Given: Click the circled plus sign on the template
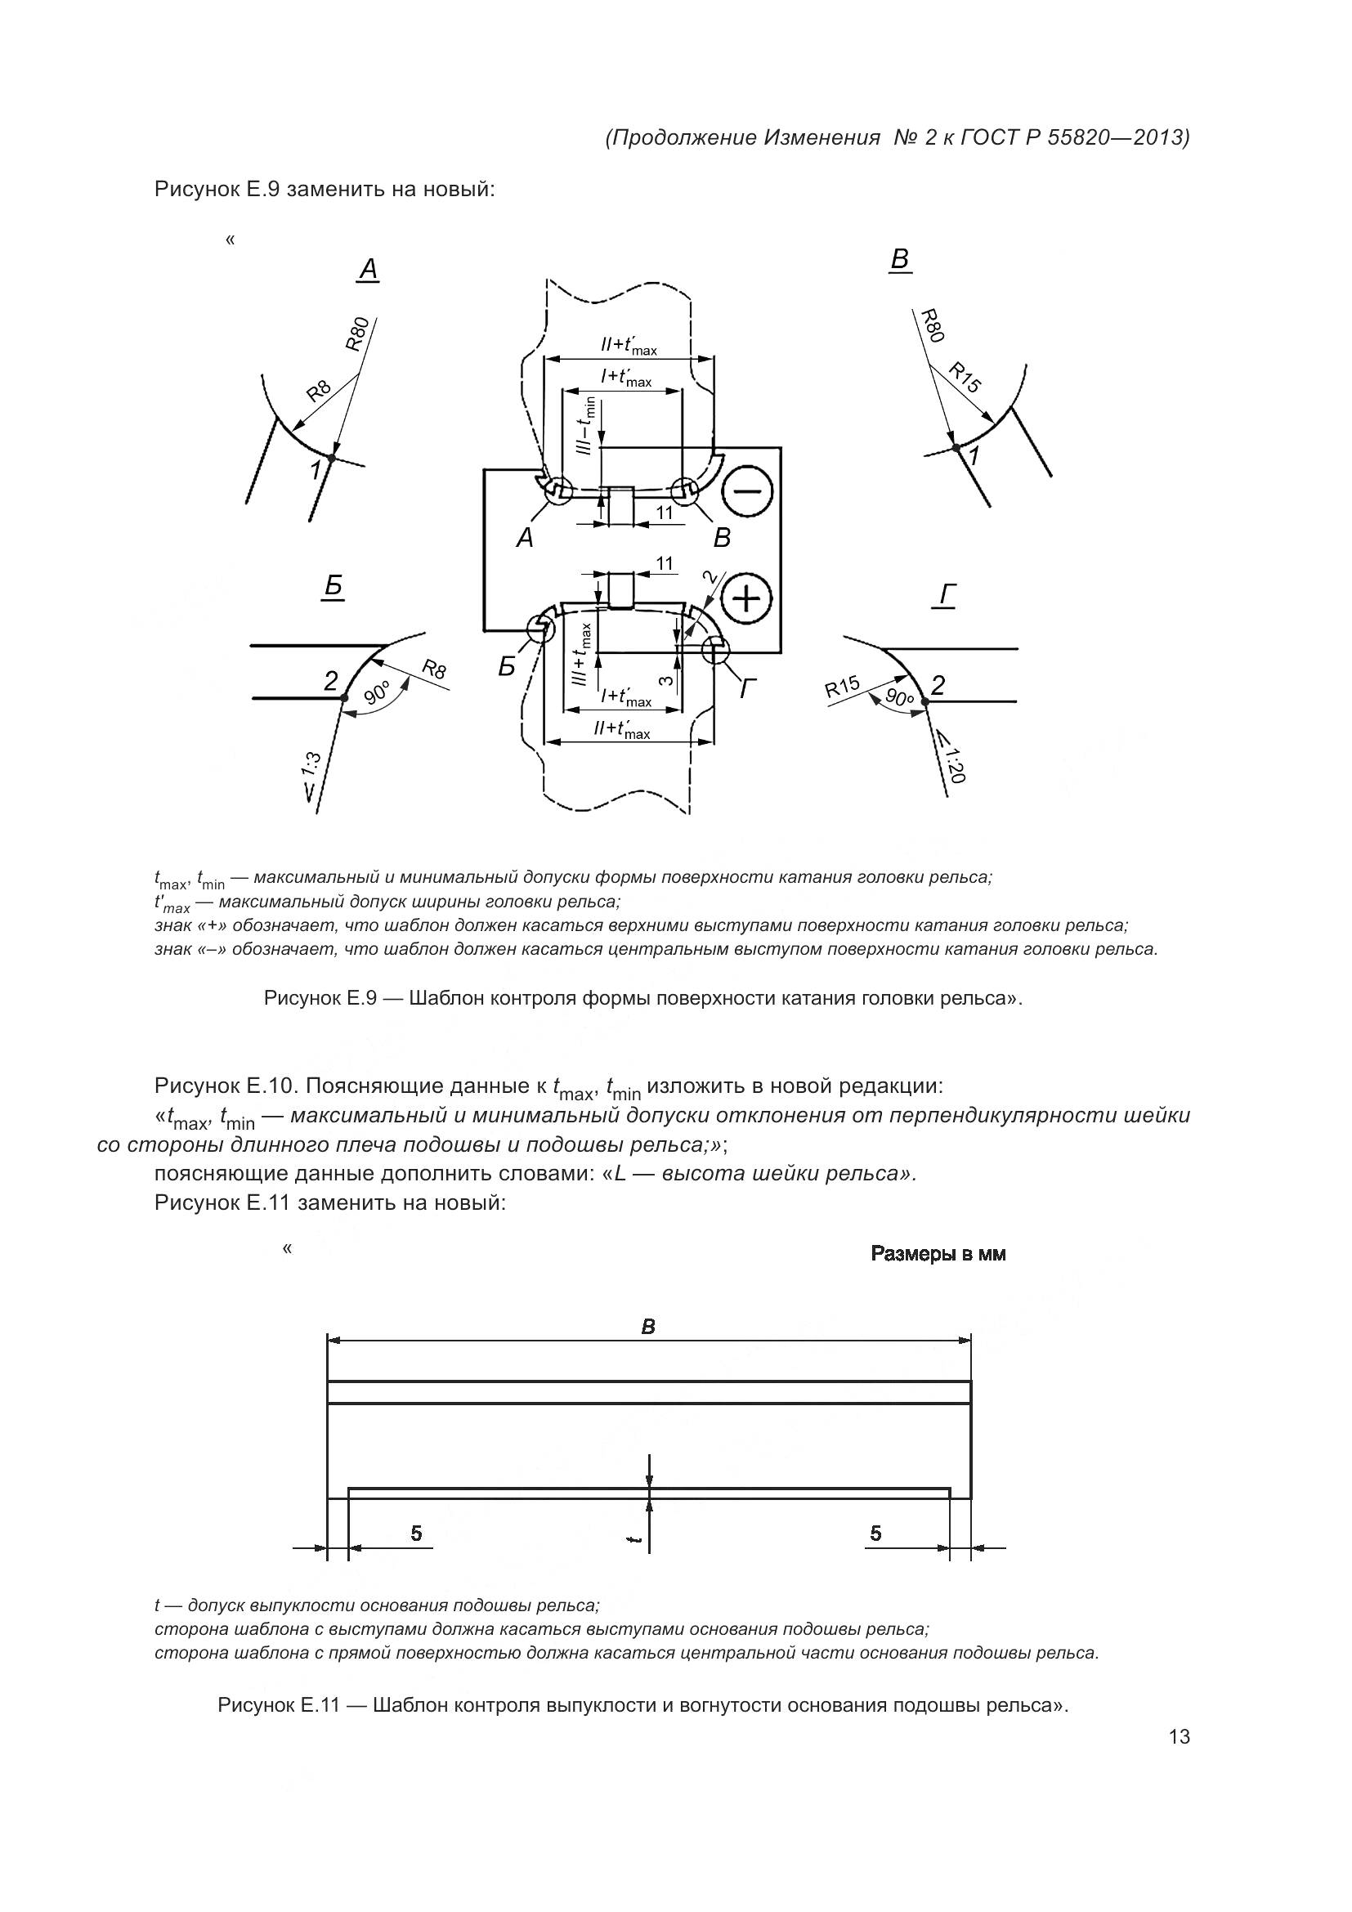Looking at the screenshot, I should point(747,598).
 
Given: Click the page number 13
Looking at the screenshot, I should point(1179,1737).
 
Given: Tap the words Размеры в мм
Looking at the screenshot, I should point(938,1278).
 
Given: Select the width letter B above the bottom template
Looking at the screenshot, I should point(647,1328).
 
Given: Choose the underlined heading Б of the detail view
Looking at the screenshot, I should point(333,587).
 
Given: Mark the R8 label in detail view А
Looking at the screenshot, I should point(319,391).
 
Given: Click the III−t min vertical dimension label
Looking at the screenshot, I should point(587,427).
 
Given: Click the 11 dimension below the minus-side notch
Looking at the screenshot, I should point(664,513).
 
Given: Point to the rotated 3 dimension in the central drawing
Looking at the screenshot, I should point(665,679).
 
